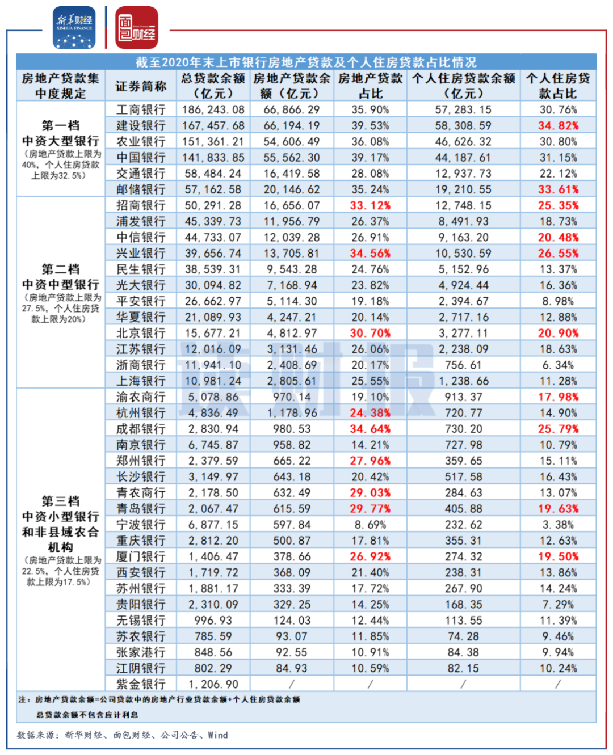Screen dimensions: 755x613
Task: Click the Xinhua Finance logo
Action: tap(74, 27)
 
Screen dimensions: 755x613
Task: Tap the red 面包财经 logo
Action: tap(137, 28)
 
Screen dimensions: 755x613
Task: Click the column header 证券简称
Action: tap(141, 86)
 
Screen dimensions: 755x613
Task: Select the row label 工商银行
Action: tap(141, 109)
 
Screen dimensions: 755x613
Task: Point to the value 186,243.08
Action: tap(213, 109)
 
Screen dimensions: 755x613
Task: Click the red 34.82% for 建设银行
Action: tap(558, 125)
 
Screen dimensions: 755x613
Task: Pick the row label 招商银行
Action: tap(141, 205)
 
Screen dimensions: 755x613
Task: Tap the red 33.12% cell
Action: tap(370, 205)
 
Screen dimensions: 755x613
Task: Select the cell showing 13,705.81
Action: tap(292, 253)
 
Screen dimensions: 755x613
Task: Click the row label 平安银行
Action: tap(141, 301)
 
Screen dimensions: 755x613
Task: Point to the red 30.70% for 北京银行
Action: tap(370, 333)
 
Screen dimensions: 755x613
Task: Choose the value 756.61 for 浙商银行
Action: tap(463, 365)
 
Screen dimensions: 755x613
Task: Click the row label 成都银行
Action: tap(141, 429)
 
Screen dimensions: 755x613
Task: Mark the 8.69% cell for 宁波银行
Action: tap(370, 525)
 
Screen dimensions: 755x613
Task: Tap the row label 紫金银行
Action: tap(141, 684)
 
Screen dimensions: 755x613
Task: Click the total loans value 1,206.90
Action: tap(213, 684)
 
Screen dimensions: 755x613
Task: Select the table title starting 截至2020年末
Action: tap(306, 62)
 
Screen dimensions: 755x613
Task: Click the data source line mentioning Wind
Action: tap(123, 735)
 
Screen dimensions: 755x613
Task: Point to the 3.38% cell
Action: tap(558, 525)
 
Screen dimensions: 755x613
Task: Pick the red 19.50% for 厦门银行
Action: tap(558, 556)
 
